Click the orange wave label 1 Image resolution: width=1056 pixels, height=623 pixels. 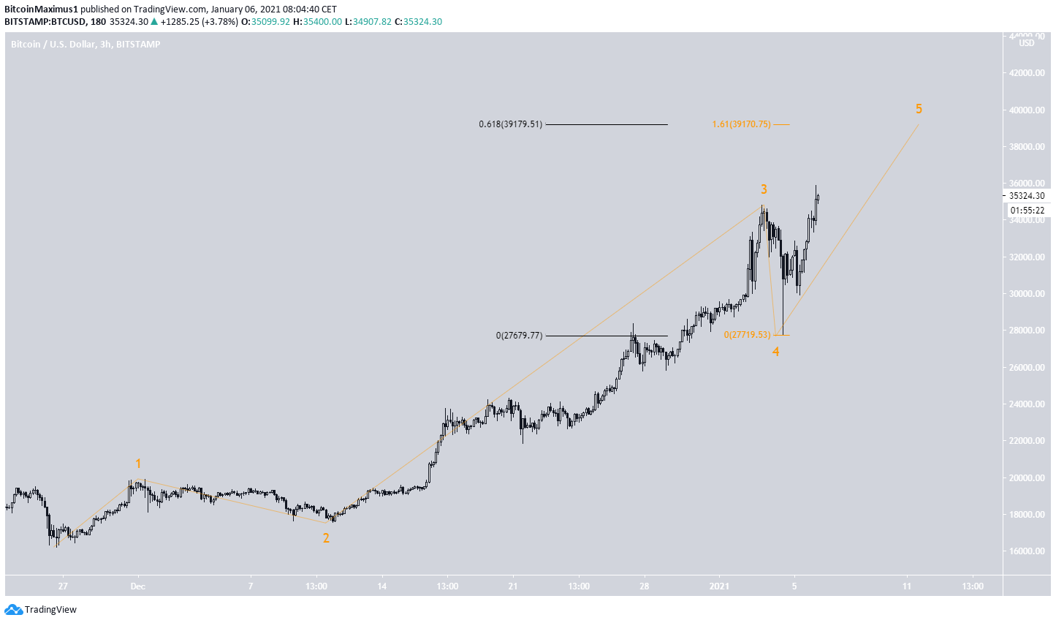(137, 464)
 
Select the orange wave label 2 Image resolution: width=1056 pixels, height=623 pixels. (326, 538)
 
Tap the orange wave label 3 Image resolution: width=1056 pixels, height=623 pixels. (764, 189)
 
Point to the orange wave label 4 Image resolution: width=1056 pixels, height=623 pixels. (775, 352)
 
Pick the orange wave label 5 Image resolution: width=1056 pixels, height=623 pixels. (919, 109)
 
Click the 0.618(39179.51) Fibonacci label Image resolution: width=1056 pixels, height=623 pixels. (510, 124)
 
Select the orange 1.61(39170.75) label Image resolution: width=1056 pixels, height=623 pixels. (741, 124)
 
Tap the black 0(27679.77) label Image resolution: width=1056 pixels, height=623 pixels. (519, 336)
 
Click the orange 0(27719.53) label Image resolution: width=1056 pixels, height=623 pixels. (747, 334)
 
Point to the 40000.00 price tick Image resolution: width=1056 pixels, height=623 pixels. (1026, 110)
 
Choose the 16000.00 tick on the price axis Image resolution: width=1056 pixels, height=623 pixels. (1026, 551)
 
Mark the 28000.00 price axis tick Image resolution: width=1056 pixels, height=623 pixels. (1026, 331)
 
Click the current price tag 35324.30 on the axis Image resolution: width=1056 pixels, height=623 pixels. (1027, 196)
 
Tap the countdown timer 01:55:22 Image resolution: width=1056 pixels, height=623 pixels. (1026, 210)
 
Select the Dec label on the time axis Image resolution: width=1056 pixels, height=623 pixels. (138, 586)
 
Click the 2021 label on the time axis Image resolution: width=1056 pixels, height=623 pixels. (719, 586)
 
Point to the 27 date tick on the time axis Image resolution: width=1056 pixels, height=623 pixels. (64, 586)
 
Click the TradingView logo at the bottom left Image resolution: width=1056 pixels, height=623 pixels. (41, 610)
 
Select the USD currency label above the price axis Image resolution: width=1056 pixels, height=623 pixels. (1027, 43)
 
